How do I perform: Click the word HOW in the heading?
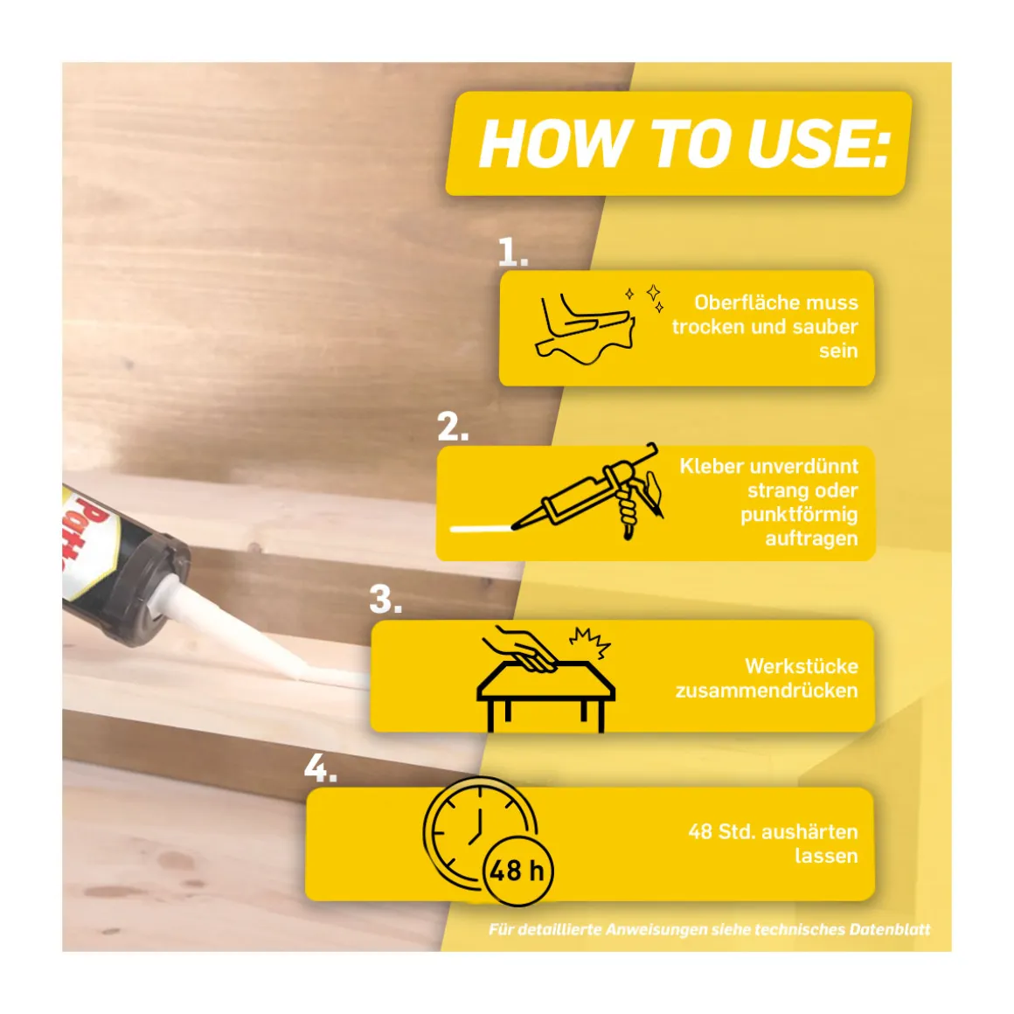click(x=555, y=143)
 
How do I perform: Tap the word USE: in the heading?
click(x=819, y=143)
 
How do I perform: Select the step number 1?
click(x=513, y=253)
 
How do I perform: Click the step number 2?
click(x=453, y=427)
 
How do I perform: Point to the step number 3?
click(x=386, y=600)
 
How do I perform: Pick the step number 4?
click(x=321, y=769)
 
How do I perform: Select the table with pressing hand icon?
click(x=545, y=679)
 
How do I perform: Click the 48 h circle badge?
click(x=518, y=871)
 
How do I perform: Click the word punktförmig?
click(x=799, y=516)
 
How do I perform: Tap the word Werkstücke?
click(x=802, y=666)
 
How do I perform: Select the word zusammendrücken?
click(x=767, y=691)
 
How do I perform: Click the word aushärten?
click(x=808, y=831)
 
